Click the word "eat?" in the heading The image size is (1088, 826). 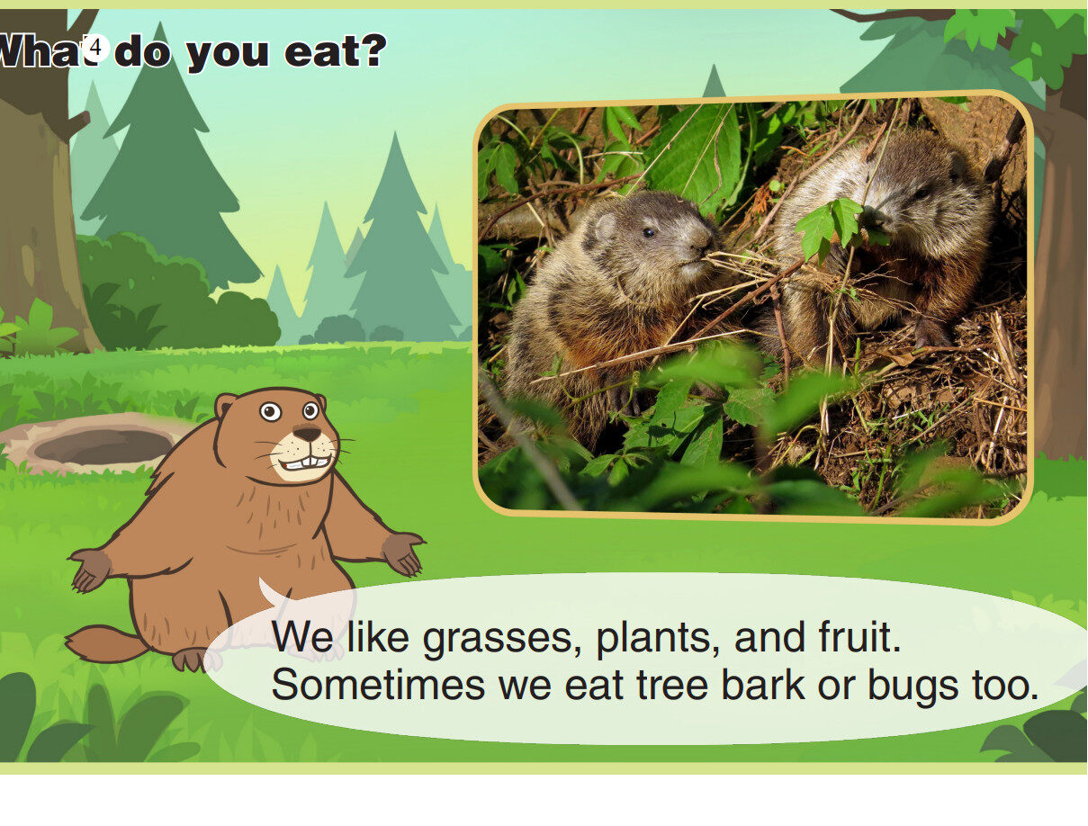[335, 51]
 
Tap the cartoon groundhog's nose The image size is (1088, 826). [307, 433]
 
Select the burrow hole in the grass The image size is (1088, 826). [103, 445]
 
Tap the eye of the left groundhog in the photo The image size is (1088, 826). [648, 232]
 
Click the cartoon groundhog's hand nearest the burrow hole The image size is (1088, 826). [91, 569]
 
